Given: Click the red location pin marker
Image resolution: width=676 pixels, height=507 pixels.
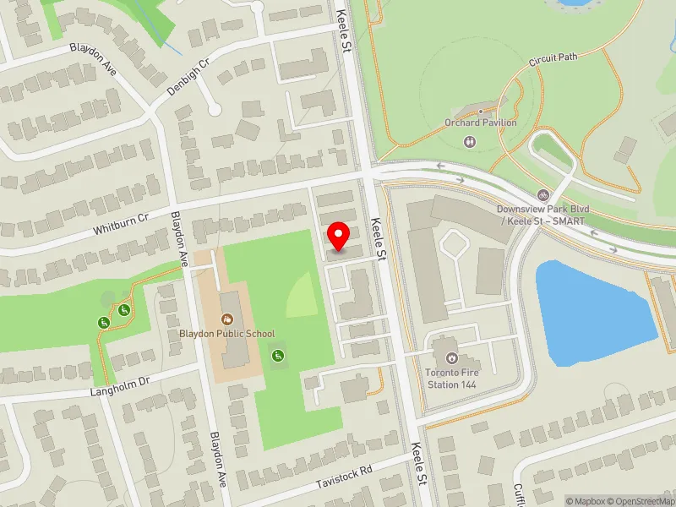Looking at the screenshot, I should click(x=339, y=236).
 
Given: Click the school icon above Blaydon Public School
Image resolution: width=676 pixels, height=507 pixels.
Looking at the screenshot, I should click(x=226, y=319).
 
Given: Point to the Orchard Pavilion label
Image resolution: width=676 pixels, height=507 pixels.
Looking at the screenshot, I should click(x=480, y=122).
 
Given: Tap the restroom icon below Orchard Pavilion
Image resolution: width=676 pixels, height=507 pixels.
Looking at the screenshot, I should click(x=470, y=142).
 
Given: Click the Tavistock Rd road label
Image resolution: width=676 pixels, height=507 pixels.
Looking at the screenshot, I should click(x=343, y=475).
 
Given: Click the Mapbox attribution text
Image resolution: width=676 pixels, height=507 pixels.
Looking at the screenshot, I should click(x=589, y=501).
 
